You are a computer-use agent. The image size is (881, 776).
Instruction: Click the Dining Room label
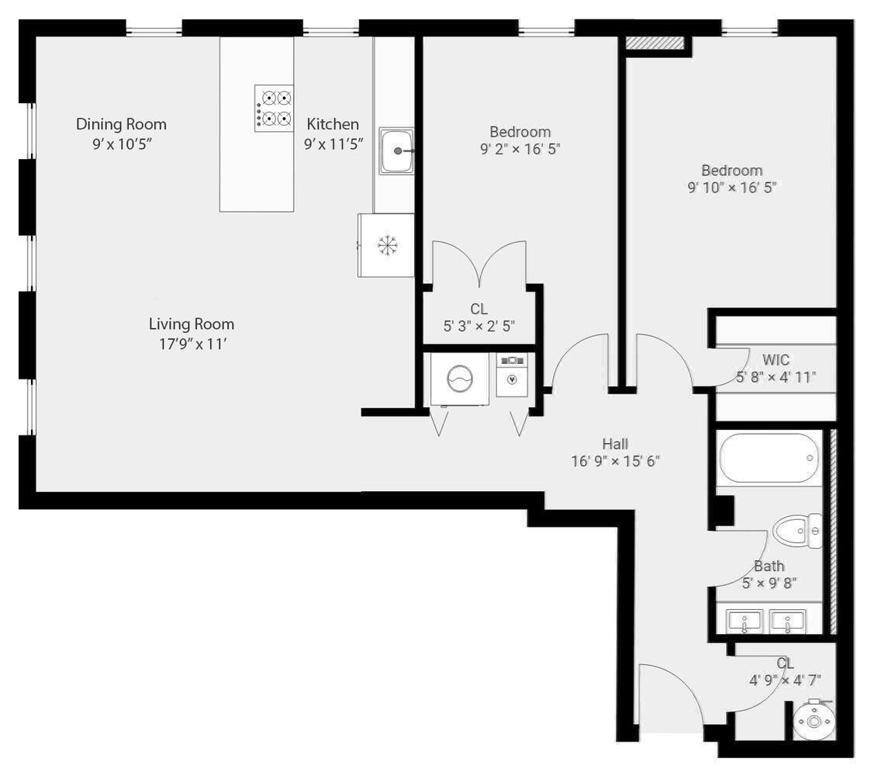121,124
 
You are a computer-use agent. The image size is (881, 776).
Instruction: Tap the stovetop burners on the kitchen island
275,108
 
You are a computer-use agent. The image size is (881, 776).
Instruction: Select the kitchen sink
396,151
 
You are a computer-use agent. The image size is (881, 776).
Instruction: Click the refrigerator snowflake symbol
386,245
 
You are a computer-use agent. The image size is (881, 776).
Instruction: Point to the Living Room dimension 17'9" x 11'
192,345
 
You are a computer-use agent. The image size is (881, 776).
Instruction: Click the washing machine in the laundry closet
459,379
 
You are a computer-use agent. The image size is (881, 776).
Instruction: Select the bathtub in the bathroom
769,458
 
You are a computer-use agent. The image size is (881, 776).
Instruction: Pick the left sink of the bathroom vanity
745,622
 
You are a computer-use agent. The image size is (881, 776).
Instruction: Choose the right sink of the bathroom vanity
787,622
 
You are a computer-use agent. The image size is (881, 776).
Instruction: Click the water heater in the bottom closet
814,721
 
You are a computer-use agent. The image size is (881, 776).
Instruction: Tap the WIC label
776,360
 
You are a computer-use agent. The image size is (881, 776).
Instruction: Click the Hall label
615,444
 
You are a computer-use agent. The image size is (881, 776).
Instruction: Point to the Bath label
769,566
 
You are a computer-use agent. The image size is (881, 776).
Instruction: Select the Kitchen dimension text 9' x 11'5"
333,144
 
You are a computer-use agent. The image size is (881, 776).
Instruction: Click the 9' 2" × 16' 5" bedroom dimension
520,149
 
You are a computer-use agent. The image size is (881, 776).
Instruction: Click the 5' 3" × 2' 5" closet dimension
479,327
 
